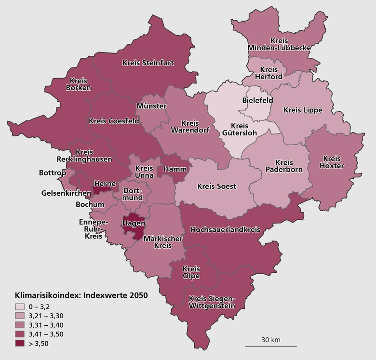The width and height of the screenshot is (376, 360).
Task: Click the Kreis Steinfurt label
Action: (148, 63)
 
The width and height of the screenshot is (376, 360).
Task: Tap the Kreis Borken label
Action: (78, 84)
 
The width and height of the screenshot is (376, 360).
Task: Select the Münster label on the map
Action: (151, 106)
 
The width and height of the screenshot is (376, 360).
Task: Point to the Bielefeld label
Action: (257, 100)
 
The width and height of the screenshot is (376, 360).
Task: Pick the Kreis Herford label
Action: (269, 73)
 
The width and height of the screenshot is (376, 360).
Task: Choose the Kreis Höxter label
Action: (332, 162)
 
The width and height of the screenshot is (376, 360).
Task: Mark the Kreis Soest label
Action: (217, 186)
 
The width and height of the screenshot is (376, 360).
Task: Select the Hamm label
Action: (172, 170)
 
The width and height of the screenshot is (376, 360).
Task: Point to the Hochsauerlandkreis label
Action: (225, 229)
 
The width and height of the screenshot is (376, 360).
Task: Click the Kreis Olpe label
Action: (191, 272)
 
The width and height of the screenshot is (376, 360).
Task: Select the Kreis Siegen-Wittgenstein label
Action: (212, 302)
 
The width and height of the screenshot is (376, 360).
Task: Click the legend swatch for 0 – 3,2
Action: (20, 307)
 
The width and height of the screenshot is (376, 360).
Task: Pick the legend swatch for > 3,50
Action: (20, 343)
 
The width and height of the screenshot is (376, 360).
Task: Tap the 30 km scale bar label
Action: (270, 340)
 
